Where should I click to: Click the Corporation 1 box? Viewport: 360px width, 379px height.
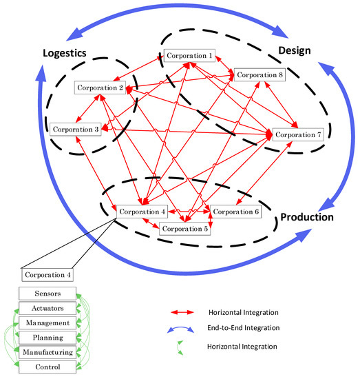pos(189,54)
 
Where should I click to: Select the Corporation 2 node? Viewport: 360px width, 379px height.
pos(100,88)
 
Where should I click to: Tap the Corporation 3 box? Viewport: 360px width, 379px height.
pos(74,128)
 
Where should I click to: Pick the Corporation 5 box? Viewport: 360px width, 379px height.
pos(184,229)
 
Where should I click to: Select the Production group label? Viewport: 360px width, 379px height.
pos(306,217)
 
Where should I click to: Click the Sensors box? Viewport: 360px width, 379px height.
pos(46,294)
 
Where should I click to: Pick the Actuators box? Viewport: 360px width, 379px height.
pos(46,308)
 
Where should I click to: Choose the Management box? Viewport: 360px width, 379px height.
pos(46,322)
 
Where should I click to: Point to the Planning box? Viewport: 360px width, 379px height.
pos(46,337)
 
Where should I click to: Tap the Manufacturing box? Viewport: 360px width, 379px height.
pos(46,351)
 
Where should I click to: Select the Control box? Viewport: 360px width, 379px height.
pos(46,366)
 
